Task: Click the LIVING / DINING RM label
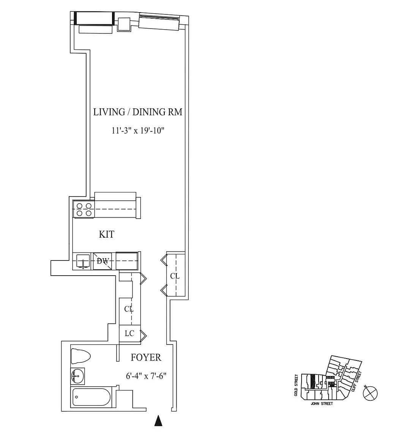pyautogui.click(x=137, y=112)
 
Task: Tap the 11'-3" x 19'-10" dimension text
pyautogui.click(x=138, y=130)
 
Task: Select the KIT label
pyautogui.click(x=107, y=234)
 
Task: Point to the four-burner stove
pyautogui.click(x=84, y=209)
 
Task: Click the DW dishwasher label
pyautogui.click(x=103, y=261)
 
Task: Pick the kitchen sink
pyautogui.click(x=83, y=262)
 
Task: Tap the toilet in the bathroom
pyautogui.click(x=81, y=356)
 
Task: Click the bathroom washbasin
pyautogui.click(x=77, y=376)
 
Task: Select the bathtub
pyautogui.click(x=91, y=397)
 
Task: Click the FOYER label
pyautogui.click(x=146, y=357)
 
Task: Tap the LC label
pyautogui.click(x=129, y=333)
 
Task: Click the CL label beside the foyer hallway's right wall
pyautogui.click(x=175, y=276)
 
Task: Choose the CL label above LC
pyautogui.click(x=129, y=309)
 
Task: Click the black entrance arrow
pyautogui.click(x=158, y=421)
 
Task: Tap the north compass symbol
pyautogui.click(x=370, y=393)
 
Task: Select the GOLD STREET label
pyautogui.click(x=296, y=385)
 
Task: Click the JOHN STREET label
pyautogui.click(x=322, y=404)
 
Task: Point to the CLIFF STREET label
pyautogui.click(x=357, y=381)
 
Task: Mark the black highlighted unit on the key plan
pyautogui.click(x=313, y=382)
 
